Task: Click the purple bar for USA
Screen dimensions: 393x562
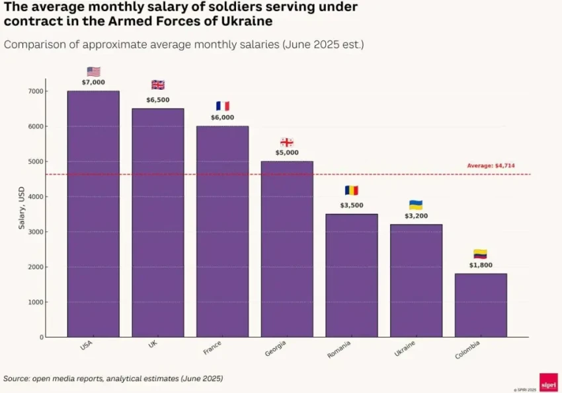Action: tap(93, 214)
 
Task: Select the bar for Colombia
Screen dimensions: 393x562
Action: tap(481, 305)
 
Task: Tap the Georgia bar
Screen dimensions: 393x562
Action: tap(287, 249)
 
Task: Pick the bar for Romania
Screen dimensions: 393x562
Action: tap(352, 275)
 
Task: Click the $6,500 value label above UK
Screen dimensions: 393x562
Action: tap(158, 100)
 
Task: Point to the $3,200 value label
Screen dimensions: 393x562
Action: tap(416, 216)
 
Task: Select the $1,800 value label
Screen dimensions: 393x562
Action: tap(481, 265)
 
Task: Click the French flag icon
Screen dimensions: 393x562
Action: tap(223, 106)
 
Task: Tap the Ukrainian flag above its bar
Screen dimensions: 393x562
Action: tap(416, 205)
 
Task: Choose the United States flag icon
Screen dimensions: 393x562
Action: tap(93, 71)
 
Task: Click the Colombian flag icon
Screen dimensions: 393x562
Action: tap(481, 254)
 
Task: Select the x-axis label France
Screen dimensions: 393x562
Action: tap(213, 347)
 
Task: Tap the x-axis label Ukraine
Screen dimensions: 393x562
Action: tap(405, 349)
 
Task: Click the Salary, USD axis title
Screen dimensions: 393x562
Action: tap(21, 208)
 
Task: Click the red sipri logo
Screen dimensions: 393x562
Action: tap(548, 382)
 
